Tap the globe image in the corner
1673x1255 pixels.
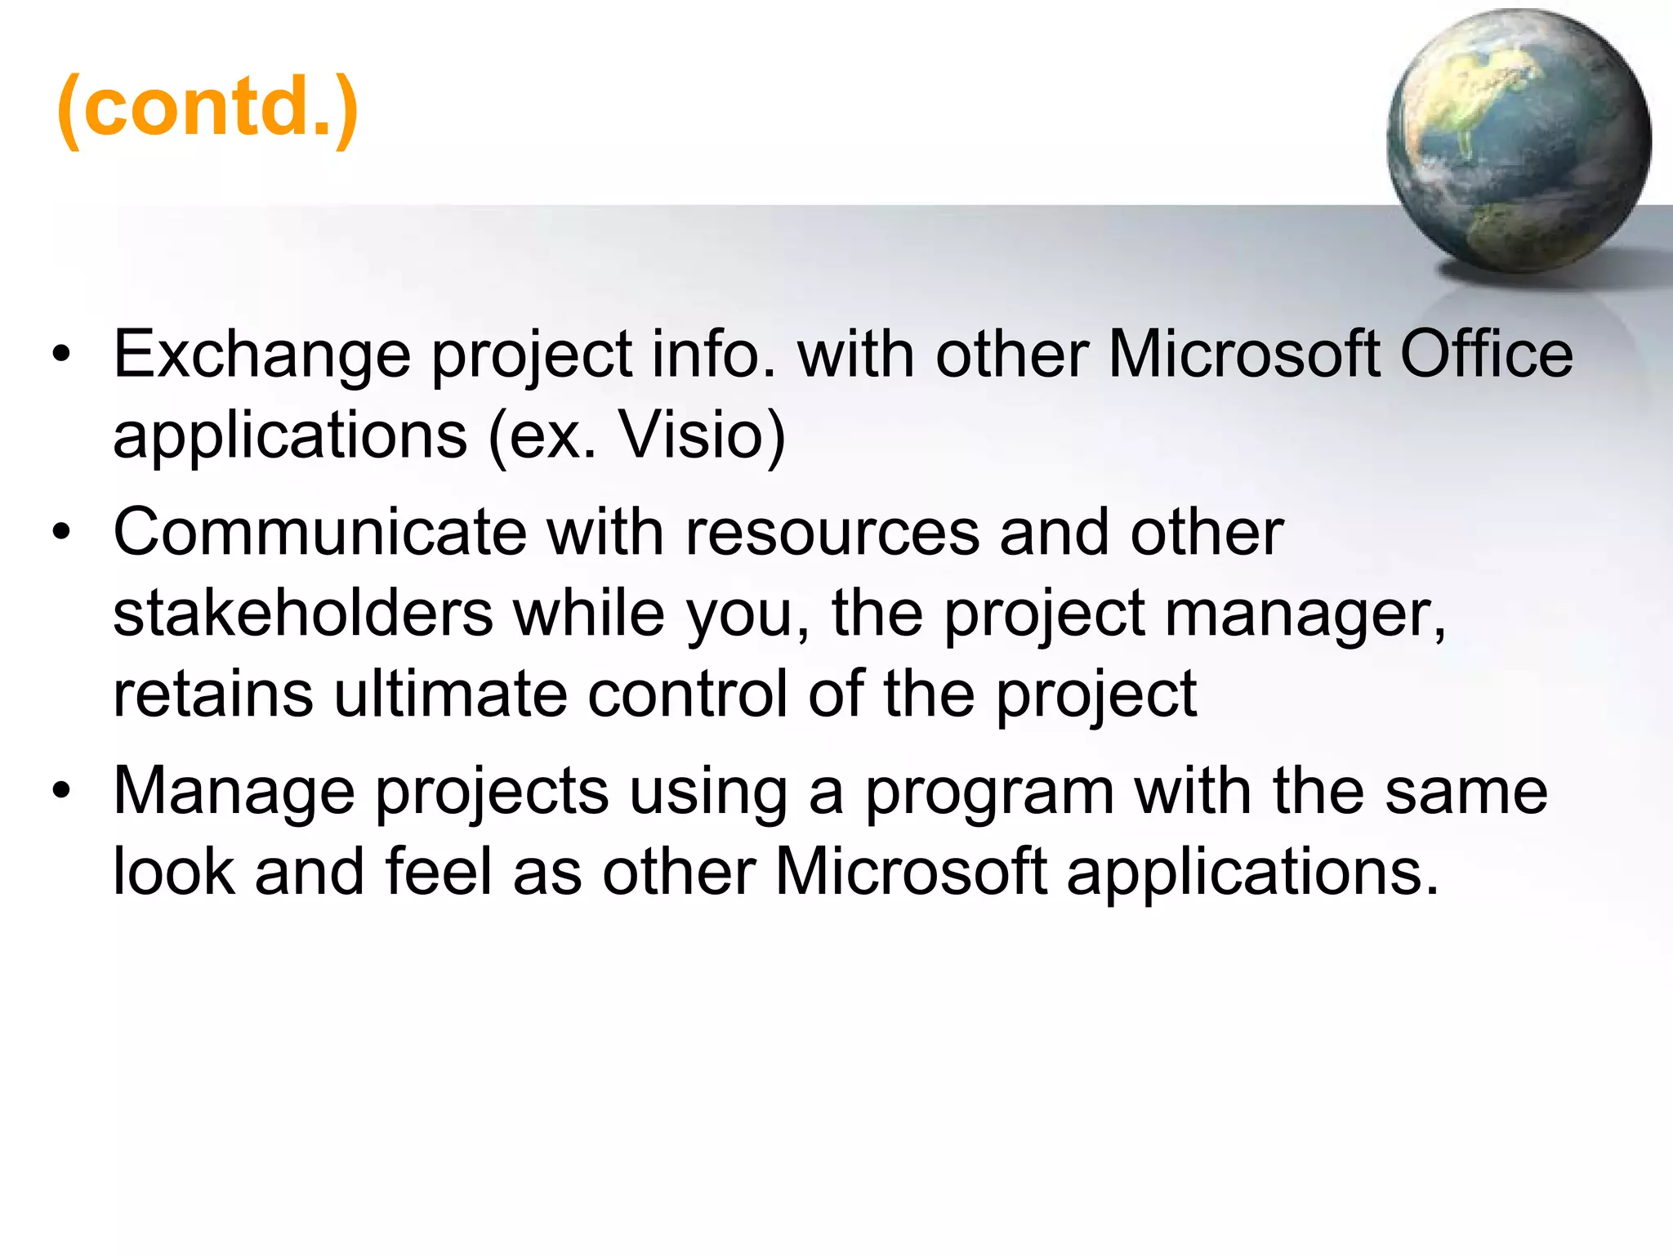1518,141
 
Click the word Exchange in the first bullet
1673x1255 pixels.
261,355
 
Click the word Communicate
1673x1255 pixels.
319,533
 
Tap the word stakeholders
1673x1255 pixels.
303,614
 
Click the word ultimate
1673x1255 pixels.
450,694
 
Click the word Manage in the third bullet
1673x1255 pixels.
234,792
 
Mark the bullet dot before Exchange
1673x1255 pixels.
61,357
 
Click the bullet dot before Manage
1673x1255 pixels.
61,793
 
